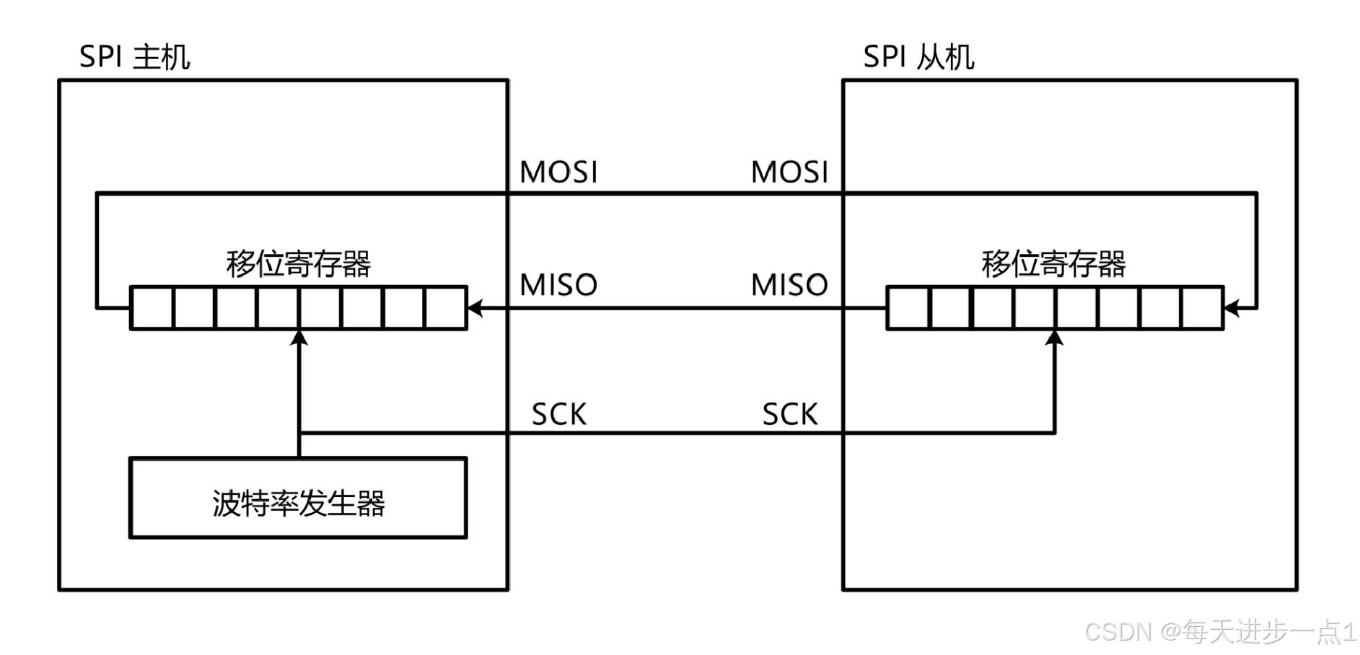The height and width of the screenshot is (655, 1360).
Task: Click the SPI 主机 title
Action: [x=134, y=57]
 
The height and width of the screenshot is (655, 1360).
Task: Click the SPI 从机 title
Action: [x=918, y=57]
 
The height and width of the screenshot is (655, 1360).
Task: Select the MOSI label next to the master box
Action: [x=558, y=172]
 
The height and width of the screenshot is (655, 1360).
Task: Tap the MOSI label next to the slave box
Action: [x=789, y=172]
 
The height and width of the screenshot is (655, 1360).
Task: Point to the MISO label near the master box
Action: [x=558, y=285]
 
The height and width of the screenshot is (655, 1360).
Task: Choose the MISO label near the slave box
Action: [x=789, y=285]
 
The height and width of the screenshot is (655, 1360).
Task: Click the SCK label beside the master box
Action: [x=559, y=415]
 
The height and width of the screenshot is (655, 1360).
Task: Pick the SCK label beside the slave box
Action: [x=790, y=415]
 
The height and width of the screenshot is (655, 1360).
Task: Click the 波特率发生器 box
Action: [x=298, y=498]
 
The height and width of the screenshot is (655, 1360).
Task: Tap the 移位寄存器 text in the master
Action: [x=298, y=264]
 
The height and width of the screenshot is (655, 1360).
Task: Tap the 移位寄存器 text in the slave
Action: [x=1053, y=264]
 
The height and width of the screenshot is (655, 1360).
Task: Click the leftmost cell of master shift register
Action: [x=152, y=309]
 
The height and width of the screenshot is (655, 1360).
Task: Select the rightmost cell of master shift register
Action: [x=446, y=309]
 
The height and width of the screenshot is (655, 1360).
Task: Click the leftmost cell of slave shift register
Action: [x=908, y=309]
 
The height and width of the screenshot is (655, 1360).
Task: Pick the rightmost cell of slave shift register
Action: [x=1202, y=309]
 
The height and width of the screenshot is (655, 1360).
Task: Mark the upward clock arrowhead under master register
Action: [x=299, y=338]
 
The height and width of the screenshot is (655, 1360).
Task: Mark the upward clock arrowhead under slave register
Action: [x=1055, y=338]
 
